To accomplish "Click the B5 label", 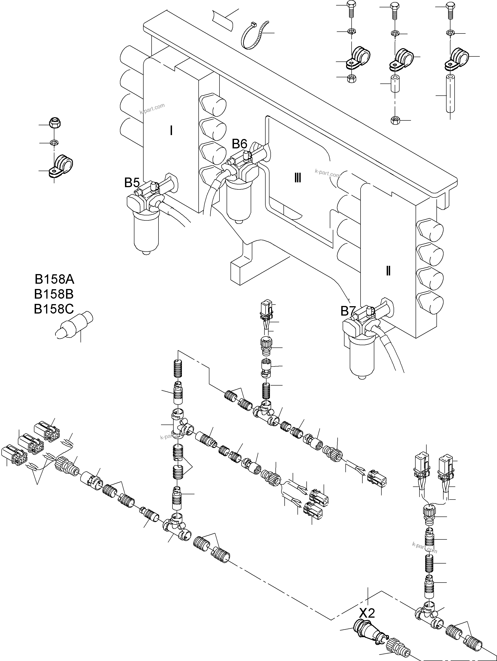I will [x=132, y=183].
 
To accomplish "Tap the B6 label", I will [x=240, y=144].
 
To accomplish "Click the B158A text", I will [x=54, y=279].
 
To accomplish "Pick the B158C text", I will [x=54, y=309].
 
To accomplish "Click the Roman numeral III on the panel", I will [x=297, y=178].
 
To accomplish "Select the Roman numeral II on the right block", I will [x=388, y=271].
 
